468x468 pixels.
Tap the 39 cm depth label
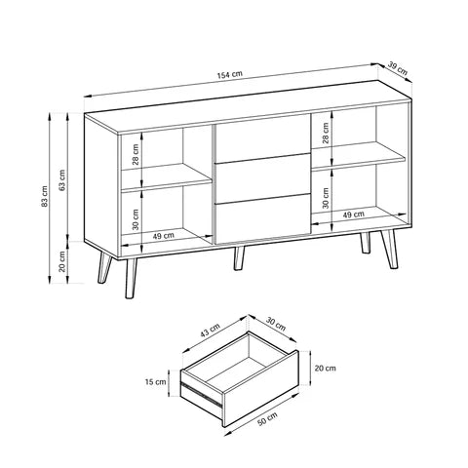tap(398, 67)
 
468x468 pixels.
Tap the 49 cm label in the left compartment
tap(164, 236)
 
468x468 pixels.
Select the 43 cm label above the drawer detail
tap(208, 332)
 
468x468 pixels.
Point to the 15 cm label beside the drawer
tap(154, 383)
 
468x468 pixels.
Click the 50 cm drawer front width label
tap(265, 419)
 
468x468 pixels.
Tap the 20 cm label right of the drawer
tap(326, 369)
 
